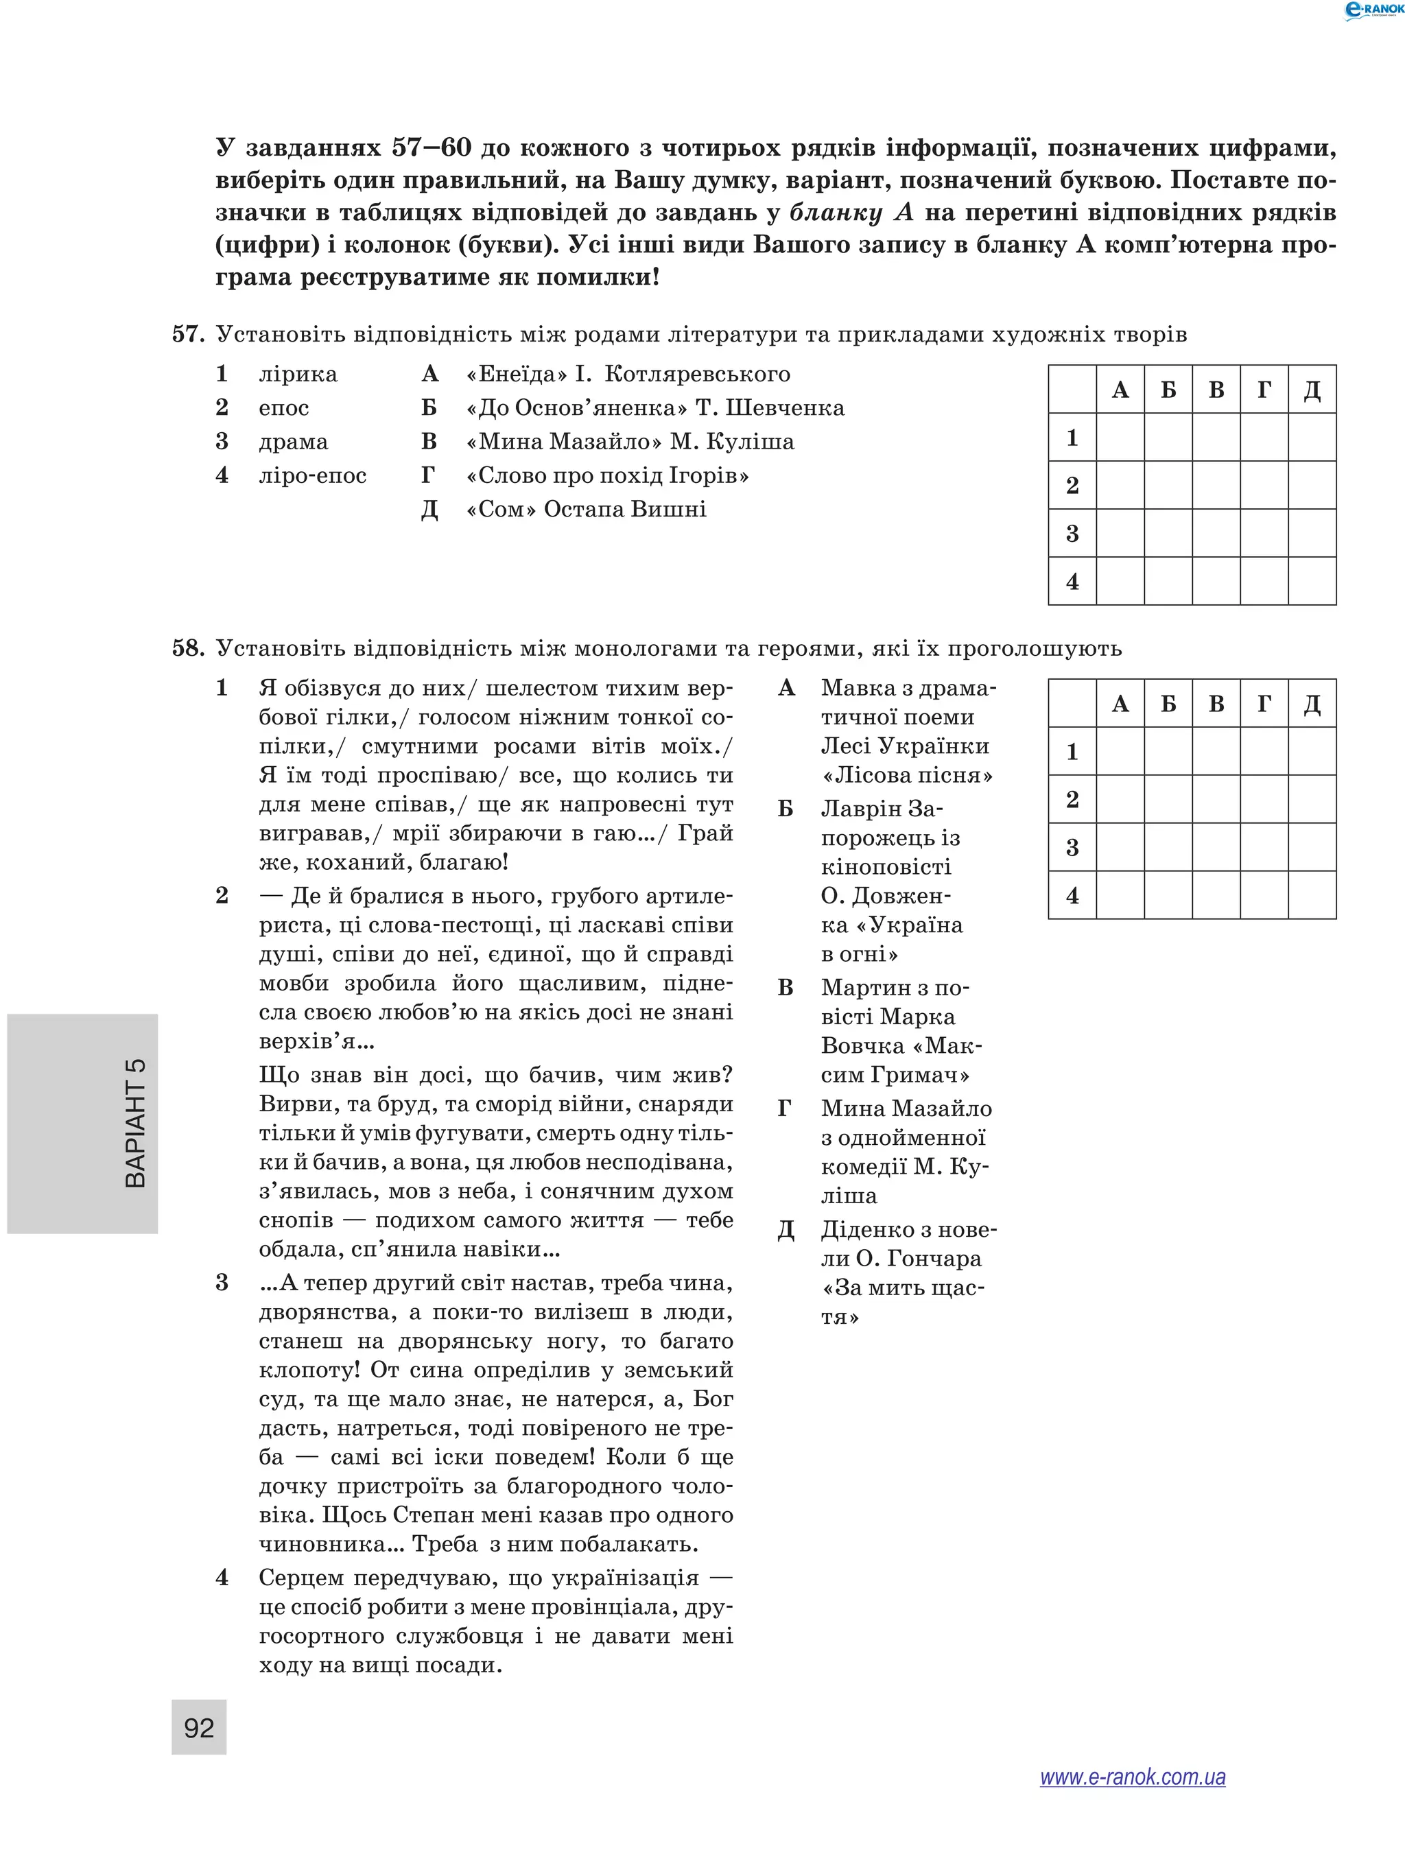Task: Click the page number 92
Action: click(x=199, y=1727)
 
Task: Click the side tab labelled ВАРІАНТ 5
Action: click(x=134, y=1123)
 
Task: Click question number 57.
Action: click(x=188, y=335)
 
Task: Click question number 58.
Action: click(x=188, y=648)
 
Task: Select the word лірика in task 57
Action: click(x=298, y=374)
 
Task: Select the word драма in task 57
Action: click(x=293, y=442)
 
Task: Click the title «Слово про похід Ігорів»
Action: click(x=607, y=476)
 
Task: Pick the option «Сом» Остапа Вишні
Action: click(x=585, y=510)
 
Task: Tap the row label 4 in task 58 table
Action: click(x=1072, y=895)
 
